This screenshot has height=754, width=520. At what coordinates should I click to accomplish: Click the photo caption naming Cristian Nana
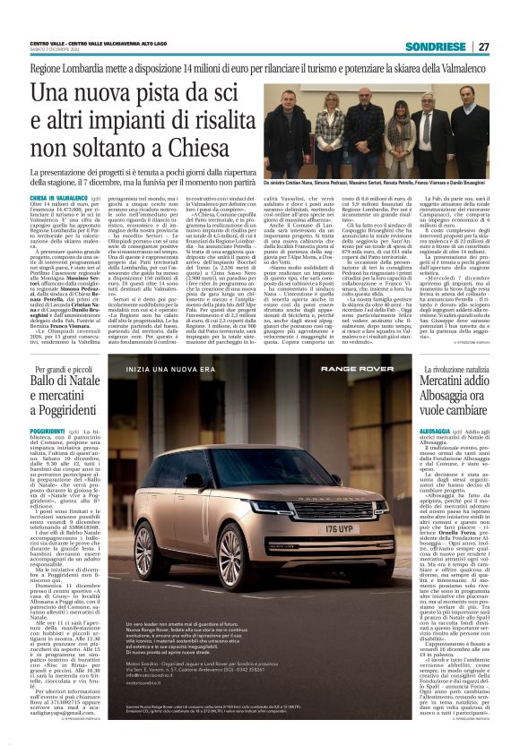[377, 183]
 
